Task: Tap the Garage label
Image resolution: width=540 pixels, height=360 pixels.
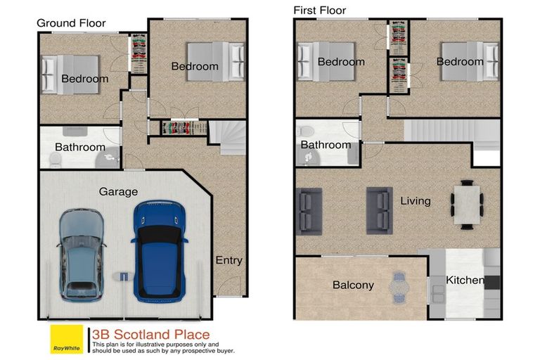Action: click(x=118, y=191)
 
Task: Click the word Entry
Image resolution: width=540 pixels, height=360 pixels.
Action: click(x=229, y=260)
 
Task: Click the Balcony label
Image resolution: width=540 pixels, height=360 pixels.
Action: click(x=353, y=285)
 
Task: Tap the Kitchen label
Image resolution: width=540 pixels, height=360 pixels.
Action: click(x=465, y=280)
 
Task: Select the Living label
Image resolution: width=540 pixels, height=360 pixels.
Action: click(x=415, y=201)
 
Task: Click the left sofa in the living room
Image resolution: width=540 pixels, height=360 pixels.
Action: click(x=310, y=209)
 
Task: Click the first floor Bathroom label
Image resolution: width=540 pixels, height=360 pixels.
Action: click(x=326, y=145)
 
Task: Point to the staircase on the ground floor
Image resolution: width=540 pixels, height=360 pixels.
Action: click(x=231, y=137)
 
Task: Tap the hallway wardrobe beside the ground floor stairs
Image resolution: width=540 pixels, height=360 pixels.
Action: click(x=184, y=127)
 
